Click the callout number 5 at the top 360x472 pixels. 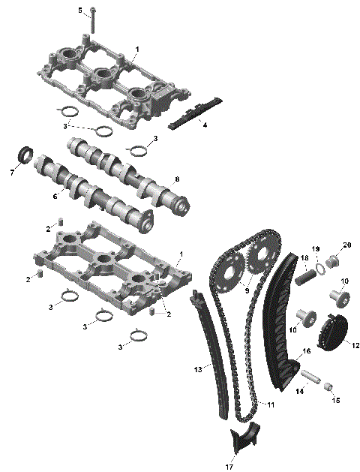(x=80, y=10)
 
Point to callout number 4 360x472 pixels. (x=205, y=125)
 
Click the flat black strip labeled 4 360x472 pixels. (x=193, y=112)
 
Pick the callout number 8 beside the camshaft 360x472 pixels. (x=177, y=179)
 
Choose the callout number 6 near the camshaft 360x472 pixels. (x=55, y=195)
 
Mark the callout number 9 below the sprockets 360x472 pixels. (x=247, y=287)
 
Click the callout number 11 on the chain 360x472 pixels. (x=271, y=404)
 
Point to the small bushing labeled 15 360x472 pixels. (x=327, y=386)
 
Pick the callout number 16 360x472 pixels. (x=306, y=351)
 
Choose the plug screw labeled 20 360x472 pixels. (x=336, y=261)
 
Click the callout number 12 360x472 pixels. (x=355, y=345)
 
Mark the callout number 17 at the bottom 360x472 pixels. (x=229, y=467)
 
